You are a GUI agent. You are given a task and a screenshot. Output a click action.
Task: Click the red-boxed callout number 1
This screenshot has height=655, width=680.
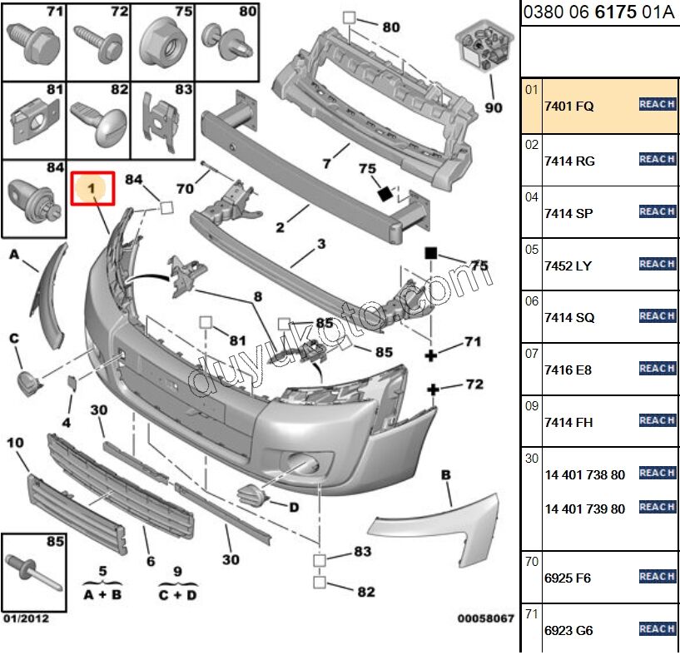click(x=93, y=190)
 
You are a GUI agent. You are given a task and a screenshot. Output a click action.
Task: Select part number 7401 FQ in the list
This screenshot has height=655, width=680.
click(x=569, y=107)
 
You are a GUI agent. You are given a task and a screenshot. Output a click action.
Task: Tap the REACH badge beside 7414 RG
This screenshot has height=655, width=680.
click(x=657, y=159)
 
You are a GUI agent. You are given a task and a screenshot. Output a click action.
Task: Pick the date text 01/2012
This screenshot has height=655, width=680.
click(x=25, y=618)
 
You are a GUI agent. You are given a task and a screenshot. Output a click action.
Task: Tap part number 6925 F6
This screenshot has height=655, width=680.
click(x=568, y=578)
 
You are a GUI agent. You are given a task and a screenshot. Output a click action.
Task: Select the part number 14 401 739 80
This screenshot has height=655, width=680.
click(x=584, y=509)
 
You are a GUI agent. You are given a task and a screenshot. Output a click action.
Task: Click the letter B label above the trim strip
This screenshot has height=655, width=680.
click(x=446, y=474)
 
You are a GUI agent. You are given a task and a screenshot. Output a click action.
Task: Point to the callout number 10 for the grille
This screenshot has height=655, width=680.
click(x=15, y=443)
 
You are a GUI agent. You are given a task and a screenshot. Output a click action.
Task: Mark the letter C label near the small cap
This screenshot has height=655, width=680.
click(x=14, y=337)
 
